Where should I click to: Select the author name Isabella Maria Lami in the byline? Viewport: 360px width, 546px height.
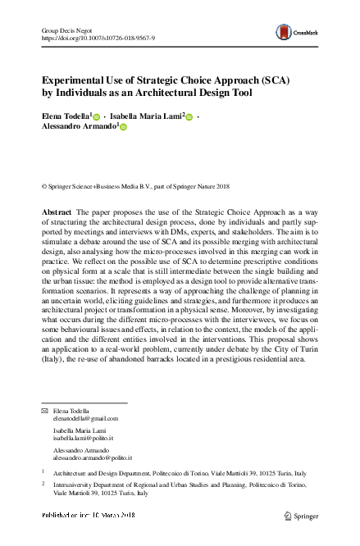[x=148, y=118]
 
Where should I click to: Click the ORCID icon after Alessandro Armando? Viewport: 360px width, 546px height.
[x=125, y=129]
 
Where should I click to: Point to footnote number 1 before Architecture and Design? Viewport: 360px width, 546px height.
[x=43, y=473]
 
